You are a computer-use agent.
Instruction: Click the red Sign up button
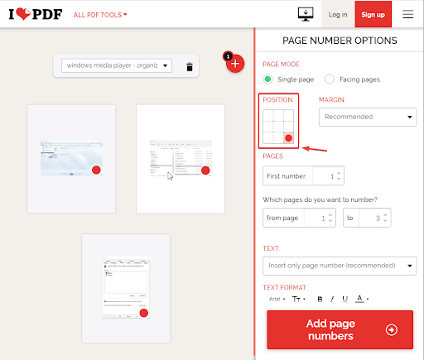[373, 14]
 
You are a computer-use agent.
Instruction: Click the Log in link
[338, 14]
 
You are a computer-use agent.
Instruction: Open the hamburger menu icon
[407, 14]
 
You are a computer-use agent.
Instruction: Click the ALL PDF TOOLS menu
[100, 15]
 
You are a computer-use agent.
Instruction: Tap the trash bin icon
[190, 66]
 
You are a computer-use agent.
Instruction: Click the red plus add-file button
[235, 63]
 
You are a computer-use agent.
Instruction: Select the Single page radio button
[267, 79]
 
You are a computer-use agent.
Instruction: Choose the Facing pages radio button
[330, 79]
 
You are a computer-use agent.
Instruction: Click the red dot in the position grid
[288, 137]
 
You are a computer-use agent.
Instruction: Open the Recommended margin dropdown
[368, 118]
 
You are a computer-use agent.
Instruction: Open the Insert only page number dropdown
[340, 266]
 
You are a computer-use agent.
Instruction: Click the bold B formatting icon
[320, 299]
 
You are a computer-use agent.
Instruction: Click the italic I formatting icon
[332, 299]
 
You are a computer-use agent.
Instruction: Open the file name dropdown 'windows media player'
[117, 65]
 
